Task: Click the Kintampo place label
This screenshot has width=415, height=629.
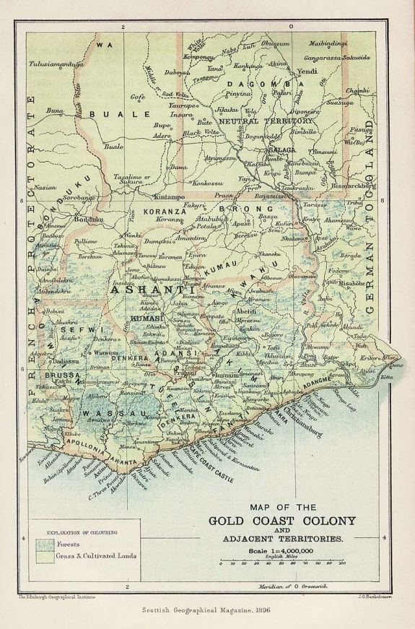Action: point(170,196)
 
